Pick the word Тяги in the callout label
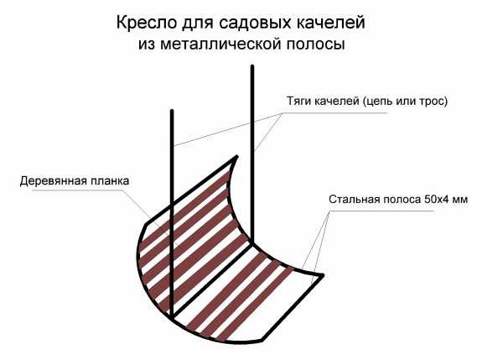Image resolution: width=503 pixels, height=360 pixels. click(x=298, y=102)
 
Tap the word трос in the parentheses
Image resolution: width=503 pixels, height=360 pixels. click(x=433, y=102)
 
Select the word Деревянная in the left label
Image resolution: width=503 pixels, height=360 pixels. click(x=54, y=181)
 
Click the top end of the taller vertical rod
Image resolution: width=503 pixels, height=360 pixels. click(x=252, y=66)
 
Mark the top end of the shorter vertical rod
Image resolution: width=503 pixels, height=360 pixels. click(x=172, y=111)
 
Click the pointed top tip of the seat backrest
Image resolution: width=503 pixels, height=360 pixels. click(x=237, y=156)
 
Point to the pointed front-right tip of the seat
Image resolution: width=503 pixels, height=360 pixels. click(x=324, y=275)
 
